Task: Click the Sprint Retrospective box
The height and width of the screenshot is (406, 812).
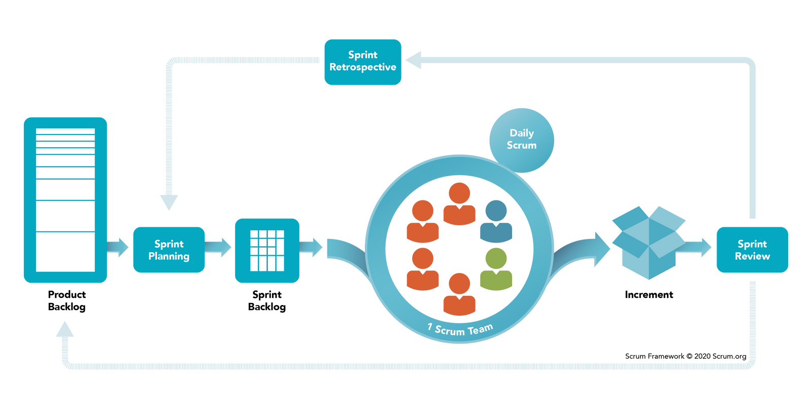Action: (363, 62)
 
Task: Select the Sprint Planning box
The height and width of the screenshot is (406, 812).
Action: (169, 250)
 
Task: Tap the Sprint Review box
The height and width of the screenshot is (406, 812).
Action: (752, 250)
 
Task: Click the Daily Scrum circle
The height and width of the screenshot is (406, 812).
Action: (522, 139)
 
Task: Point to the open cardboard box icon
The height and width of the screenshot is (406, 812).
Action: (648, 242)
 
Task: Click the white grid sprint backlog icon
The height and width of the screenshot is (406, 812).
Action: (267, 250)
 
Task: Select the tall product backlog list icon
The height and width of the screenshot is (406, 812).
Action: (65, 199)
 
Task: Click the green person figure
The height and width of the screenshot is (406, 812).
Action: (496, 269)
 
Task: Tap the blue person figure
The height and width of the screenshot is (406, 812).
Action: (496, 221)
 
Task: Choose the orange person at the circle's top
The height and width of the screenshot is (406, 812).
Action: (459, 204)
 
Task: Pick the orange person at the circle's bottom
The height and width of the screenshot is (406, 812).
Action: (459, 294)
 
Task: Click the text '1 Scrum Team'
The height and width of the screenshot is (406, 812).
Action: (460, 330)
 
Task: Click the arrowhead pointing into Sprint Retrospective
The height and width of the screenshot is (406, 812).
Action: (414, 60)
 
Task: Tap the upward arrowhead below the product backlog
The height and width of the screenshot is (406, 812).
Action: (65, 329)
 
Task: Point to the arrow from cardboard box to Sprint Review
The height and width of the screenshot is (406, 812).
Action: (700, 248)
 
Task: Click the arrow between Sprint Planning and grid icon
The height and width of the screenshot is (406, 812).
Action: (219, 248)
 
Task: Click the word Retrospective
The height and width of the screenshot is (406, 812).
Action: (363, 67)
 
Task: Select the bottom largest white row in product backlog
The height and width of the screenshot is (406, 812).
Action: (65, 252)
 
